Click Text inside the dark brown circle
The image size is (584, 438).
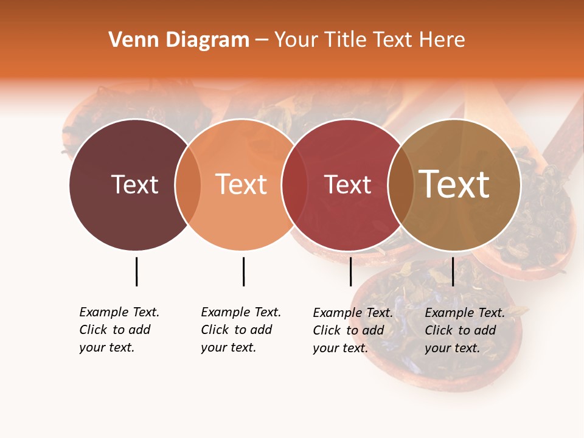[x=134, y=184]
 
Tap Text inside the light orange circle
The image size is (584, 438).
[x=242, y=184]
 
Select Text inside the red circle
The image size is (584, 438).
[x=347, y=184]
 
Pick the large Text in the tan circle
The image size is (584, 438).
[x=454, y=184]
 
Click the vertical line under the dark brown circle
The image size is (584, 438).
[x=136, y=271]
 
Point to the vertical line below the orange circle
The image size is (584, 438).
[x=243, y=271]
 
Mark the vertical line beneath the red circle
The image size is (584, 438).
[x=350, y=271]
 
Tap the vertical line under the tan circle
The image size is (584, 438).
[x=453, y=271]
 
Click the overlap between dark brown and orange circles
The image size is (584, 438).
[x=188, y=185]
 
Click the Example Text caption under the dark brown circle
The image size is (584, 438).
[x=119, y=330]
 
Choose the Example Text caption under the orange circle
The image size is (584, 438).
[x=241, y=330]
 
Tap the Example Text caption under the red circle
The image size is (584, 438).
[x=353, y=330]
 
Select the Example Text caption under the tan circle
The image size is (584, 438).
[x=465, y=330]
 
